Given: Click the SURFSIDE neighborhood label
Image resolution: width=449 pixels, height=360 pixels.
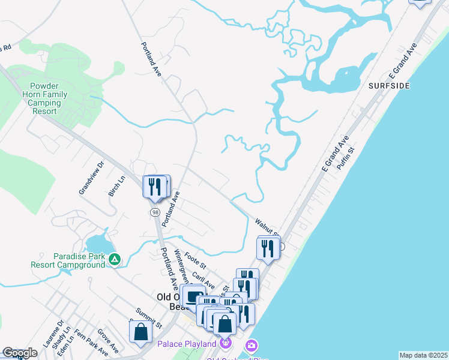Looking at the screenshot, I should click(x=390, y=86).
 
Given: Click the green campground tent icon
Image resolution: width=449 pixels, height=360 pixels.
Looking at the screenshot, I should click(x=115, y=259).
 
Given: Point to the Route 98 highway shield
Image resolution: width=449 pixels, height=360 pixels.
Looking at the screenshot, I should click(x=155, y=213).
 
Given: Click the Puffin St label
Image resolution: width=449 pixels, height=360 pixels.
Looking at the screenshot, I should click(x=346, y=158).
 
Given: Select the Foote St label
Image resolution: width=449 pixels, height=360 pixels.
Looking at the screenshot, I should click(x=195, y=261).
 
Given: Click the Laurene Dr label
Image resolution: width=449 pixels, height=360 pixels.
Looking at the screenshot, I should click(x=53, y=334).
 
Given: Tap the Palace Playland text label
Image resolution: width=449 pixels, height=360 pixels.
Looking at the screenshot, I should click(x=187, y=344).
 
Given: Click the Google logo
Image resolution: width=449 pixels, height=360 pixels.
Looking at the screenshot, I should click(x=20, y=353).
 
